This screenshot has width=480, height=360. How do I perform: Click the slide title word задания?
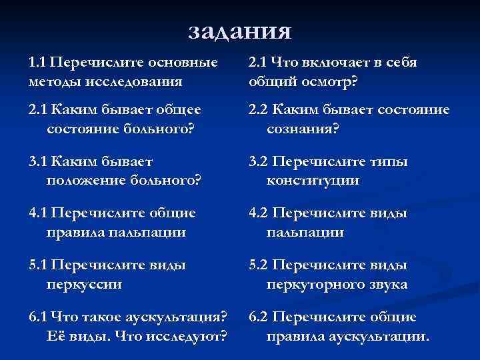240,31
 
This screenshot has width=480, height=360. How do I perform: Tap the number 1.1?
37,63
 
